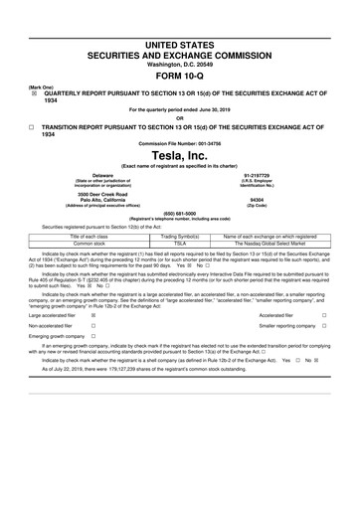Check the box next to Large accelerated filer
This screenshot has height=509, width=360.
pos(93,314)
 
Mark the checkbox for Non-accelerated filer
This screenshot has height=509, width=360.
pos(93,326)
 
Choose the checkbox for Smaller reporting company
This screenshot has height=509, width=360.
pos(325,326)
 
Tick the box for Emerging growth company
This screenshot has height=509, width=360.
pos(93,338)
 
